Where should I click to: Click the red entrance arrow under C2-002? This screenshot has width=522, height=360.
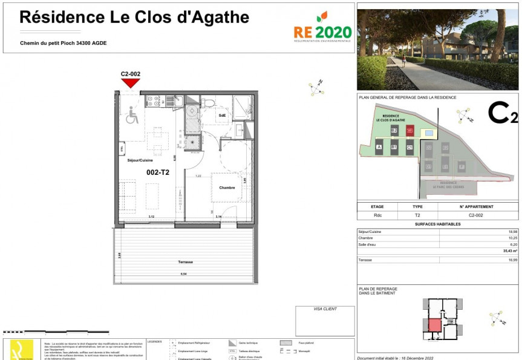(131, 83)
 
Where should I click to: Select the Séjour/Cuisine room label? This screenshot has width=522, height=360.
(140, 160)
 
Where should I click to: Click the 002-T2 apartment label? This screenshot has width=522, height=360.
(158, 172)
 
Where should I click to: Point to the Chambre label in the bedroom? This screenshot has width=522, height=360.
(227, 188)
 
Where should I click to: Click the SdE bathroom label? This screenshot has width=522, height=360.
(223, 115)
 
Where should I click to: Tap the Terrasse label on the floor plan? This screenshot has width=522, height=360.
(185, 262)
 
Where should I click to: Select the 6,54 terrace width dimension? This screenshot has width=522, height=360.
(183, 274)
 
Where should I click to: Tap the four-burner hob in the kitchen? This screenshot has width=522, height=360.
(152, 101)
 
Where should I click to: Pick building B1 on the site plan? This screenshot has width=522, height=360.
(394, 147)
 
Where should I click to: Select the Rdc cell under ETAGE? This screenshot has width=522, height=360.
(377, 215)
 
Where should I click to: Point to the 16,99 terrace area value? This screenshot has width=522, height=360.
(512, 260)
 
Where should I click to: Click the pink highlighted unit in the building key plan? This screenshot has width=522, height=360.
(435, 324)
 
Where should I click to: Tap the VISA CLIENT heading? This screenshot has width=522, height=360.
(325, 309)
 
